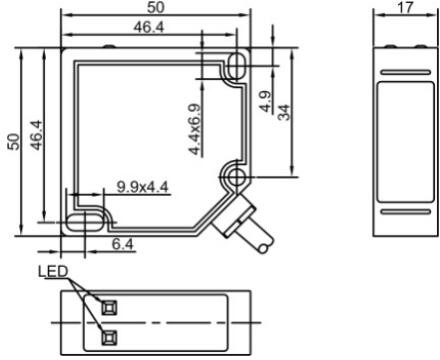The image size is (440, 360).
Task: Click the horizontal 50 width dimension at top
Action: click(x=157, y=8)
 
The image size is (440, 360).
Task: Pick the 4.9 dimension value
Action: click(x=264, y=101)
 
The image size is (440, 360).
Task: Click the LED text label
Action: click(x=52, y=272)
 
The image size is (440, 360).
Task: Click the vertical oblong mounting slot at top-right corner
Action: click(x=237, y=66)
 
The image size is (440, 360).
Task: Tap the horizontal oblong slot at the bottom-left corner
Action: click(x=83, y=220)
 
